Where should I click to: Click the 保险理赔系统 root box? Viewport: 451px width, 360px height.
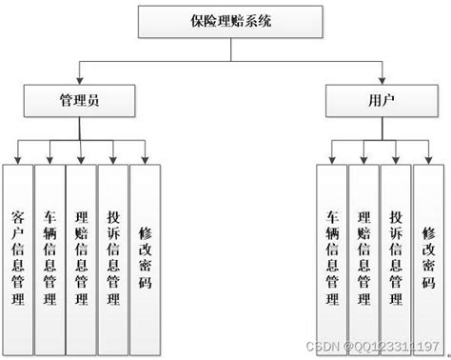225,20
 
